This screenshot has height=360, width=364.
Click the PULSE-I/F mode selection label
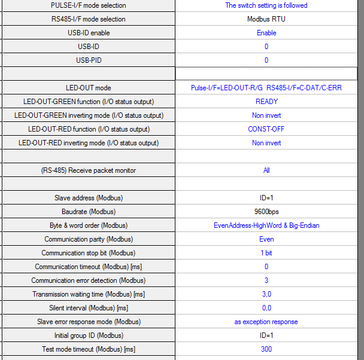click(x=88, y=5)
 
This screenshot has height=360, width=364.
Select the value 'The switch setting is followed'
click(x=266, y=5)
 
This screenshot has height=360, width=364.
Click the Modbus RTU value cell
click(x=266, y=19)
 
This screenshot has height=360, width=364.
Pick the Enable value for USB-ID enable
click(x=266, y=33)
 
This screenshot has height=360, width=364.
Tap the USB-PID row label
click(x=88, y=60)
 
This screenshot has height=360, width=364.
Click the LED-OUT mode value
click(x=266, y=88)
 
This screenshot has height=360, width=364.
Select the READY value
click(x=266, y=102)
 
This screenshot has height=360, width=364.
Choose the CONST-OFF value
click(x=266, y=129)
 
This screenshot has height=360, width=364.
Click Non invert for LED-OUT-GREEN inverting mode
click(x=266, y=115)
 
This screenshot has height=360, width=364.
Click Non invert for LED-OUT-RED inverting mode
click(x=266, y=143)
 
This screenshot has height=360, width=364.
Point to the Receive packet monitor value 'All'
click(x=266, y=170)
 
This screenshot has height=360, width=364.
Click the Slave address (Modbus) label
click(x=88, y=198)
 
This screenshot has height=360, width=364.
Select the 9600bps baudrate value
click(x=266, y=212)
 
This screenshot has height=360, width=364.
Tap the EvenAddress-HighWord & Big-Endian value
click(x=266, y=225)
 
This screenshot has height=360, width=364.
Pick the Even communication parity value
click(x=266, y=239)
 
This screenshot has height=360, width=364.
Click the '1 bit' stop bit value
click(x=266, y=253)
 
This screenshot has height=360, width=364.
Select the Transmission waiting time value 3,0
click(x=266, y=294)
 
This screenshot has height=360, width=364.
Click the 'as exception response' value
click(x=266, y=322)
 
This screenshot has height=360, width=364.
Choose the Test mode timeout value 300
click(x=266, y=349)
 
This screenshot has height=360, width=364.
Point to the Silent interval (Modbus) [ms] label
click(x=88, y=308)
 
